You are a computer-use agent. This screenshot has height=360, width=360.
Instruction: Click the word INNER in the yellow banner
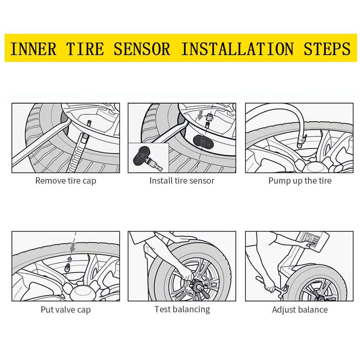33,49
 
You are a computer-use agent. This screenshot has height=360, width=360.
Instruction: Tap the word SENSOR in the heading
141,49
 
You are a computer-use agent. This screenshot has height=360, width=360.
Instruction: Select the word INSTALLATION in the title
237,49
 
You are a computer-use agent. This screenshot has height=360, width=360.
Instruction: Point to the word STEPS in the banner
327,49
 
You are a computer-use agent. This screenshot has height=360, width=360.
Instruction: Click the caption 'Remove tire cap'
66,181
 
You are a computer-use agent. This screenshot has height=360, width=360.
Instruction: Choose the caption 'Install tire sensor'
182,181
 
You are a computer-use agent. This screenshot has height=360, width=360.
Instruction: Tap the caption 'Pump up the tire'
300,181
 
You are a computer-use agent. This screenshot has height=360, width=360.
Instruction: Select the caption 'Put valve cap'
66,310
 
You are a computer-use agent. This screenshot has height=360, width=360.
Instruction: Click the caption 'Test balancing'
182,310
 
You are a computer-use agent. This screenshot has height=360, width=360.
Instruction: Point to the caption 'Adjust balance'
300,310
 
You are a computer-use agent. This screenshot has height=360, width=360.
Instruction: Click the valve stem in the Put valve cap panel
67,268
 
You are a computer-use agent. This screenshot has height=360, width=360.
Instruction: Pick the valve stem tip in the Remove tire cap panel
89,123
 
